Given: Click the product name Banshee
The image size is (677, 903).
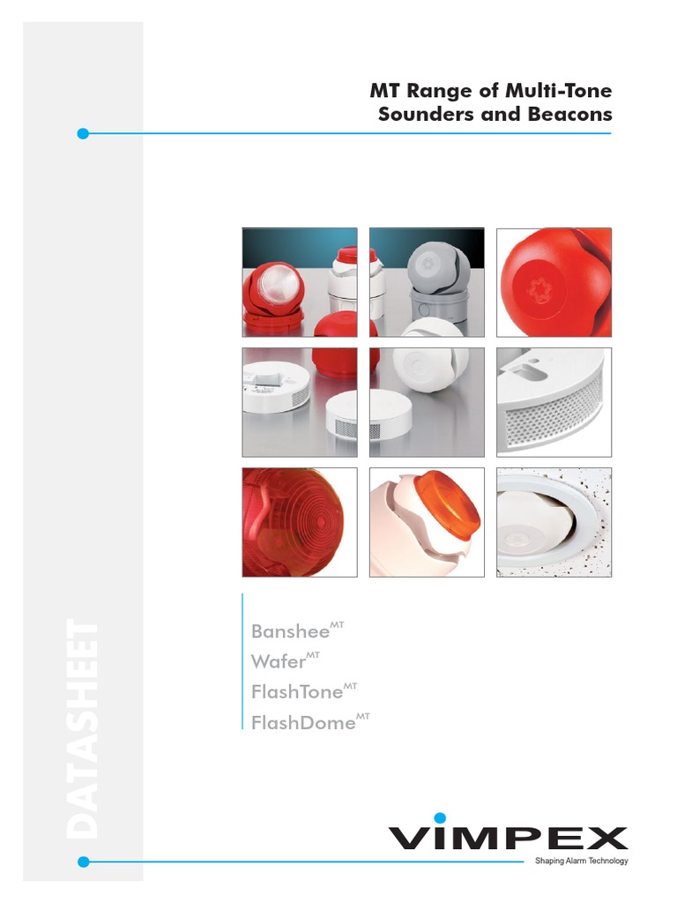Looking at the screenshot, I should (x=288, y=631).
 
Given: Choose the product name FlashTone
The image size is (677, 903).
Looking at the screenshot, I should (x=296, y=692).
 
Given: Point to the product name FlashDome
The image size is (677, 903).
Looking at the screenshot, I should (x=303, y=723).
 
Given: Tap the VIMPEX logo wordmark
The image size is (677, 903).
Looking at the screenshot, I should (x=509, y=838).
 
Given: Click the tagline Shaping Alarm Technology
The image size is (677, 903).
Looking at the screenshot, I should (x=582, y=861).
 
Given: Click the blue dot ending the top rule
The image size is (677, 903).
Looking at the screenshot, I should (x=83, y=134).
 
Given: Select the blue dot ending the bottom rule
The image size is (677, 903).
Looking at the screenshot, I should (x=83, y=862).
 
